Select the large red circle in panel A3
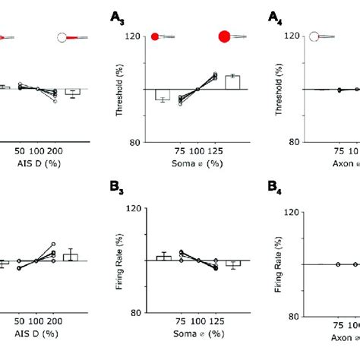click(x=225, y=36)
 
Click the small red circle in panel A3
click(x=155, y=36)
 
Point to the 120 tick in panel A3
click(x=137, y=36)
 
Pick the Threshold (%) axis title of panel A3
click(x=119, y=90)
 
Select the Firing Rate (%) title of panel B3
click(x=119, y=261)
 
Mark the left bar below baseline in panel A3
click(x=162, y=94)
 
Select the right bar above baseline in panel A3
click(x=232, y=83)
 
